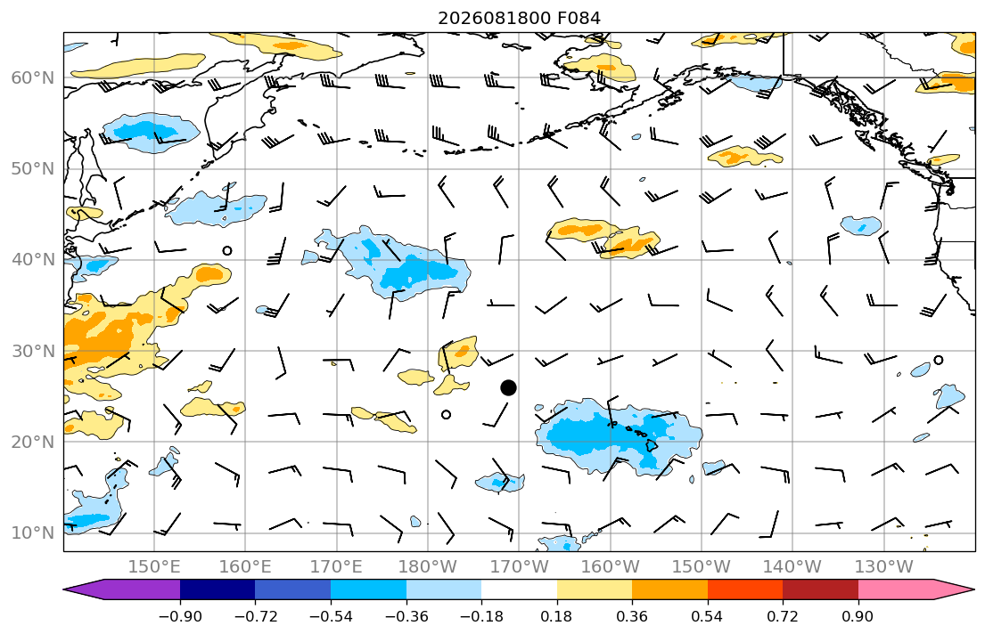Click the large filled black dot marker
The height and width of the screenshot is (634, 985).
click(x=508, y=388)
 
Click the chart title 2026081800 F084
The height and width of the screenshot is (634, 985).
click(x=519, y=18)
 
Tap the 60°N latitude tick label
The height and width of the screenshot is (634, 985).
click(x=33, y=77)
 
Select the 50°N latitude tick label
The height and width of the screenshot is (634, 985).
click(x=33, y=169)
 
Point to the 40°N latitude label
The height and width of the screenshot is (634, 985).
click(x=33, y=259)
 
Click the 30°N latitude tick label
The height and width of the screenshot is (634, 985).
click(x=33, y=350)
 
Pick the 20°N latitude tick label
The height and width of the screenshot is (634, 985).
click(x=33, y=442)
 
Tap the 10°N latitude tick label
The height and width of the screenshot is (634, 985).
click(x=33, y=532)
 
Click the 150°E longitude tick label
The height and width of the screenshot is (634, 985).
click(x=154, y=567)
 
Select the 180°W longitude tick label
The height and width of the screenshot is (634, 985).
click(x=428, y=567)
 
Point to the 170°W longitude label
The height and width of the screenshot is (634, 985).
click(x=519, y=567)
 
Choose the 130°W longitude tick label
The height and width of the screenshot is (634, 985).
click(x=884, y=567)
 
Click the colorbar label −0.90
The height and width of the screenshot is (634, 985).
click(x=180, y=616)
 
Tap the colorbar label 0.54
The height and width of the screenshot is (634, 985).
click(x=708, y=616)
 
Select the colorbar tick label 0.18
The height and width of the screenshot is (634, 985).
click(x=556, y=616)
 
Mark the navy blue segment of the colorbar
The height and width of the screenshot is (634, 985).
click(x=218, y=589)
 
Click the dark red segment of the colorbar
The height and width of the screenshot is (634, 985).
click(x=820, y=589)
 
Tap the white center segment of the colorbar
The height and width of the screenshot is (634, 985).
click(x=519, y=589)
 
